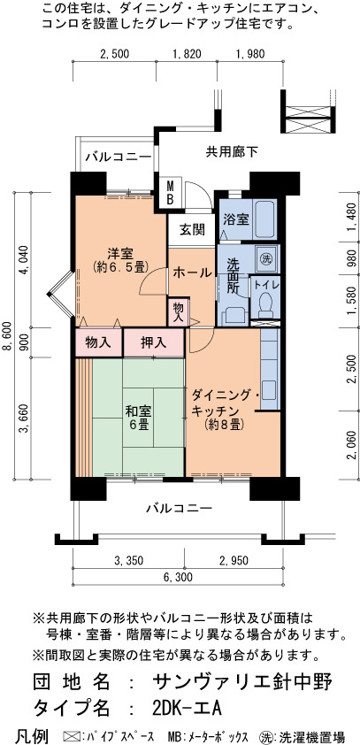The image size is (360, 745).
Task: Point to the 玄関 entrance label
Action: coord(192,230)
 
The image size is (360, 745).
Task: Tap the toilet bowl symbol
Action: coord(265,304)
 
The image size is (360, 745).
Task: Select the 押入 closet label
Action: coord(153,342)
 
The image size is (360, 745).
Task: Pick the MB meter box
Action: coord(169,193)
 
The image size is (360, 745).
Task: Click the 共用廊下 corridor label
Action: coord(231,151)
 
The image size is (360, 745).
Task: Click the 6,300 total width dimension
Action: coord(178,577)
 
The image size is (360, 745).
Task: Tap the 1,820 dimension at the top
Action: coord(186,54)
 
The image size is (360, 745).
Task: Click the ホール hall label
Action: coord(192,273)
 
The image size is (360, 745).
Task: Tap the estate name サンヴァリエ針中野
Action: coord(241,682)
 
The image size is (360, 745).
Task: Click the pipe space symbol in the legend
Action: coord(70,736)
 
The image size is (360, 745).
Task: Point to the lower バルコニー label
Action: coord(178,509)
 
